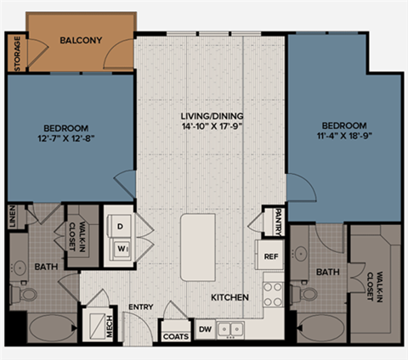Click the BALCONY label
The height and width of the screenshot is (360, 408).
click(82, 40)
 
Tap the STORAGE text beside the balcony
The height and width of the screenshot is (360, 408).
click(17, 53)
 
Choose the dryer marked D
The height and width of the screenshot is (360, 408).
click(120, 227)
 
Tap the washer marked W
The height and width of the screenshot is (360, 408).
click(119, 249)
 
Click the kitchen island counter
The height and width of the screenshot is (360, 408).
click(198, 247)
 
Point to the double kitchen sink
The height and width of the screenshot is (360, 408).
click(229, 328)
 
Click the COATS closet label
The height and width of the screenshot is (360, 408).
click(174, 336)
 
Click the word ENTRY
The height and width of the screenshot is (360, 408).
click(139, 307)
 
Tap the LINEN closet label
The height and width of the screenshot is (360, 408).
click(12, 217)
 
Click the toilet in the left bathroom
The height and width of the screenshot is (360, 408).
click(27, 295)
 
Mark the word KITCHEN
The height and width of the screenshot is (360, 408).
click(229, 298)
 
